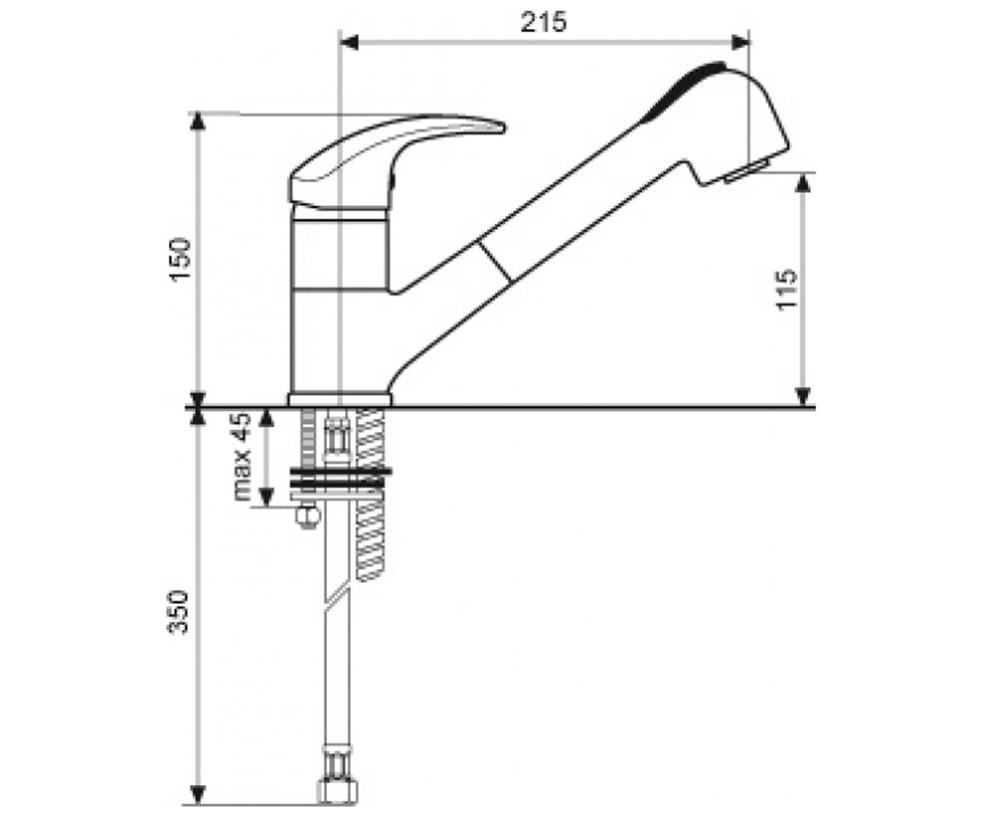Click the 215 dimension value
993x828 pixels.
(544, 22)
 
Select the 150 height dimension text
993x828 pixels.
(180, 260)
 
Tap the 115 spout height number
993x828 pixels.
(785, 290)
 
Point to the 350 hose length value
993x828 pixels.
(178, 612)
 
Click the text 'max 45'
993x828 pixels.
(242, 456)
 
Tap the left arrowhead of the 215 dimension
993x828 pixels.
(349, 43)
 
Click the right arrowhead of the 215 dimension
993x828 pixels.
(740, 43)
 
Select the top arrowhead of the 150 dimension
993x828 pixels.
(199, 122)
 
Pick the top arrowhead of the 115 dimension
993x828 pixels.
(804, 183)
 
